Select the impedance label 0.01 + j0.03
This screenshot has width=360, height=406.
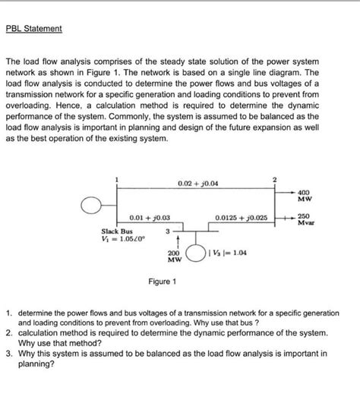tap(149, 218)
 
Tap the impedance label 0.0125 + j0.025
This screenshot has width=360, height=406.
tap(242, 218)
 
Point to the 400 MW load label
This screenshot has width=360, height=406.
tap(304, 197)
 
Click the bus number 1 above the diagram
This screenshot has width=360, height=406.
tap(116, 179)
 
